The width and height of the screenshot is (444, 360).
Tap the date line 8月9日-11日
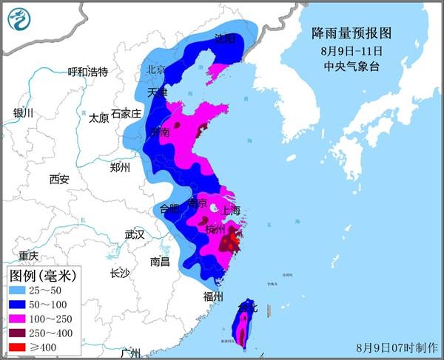point(352,51)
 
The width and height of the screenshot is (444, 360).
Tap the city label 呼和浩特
point(87,72)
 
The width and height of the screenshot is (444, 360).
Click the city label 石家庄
point(125,113)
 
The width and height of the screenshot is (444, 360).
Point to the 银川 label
point(24,113)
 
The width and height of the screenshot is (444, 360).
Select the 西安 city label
point(59,179)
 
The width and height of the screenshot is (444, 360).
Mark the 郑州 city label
point(119,167)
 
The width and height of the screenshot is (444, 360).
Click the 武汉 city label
point(135,234)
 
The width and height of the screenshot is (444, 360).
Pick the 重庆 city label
point(28,256)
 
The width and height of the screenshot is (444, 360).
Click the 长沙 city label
point(119,274)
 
